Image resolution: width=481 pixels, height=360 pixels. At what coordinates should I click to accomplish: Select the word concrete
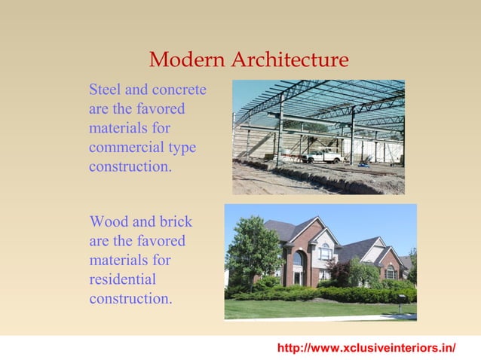(x=180, y=90)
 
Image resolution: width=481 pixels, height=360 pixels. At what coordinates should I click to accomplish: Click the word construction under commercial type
(x=130, y=166)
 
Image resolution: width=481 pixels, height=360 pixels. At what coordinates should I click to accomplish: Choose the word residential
(x=123, y=279)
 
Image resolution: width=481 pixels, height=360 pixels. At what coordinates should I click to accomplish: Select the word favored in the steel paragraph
(x=162, y=109)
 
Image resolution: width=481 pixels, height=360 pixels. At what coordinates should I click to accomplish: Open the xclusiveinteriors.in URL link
(x=366, y=348)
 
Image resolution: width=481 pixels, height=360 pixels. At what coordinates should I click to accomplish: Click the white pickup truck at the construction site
(x=323, y=156)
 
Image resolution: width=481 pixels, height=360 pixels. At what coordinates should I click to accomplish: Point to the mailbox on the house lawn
(x=403, y=299)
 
